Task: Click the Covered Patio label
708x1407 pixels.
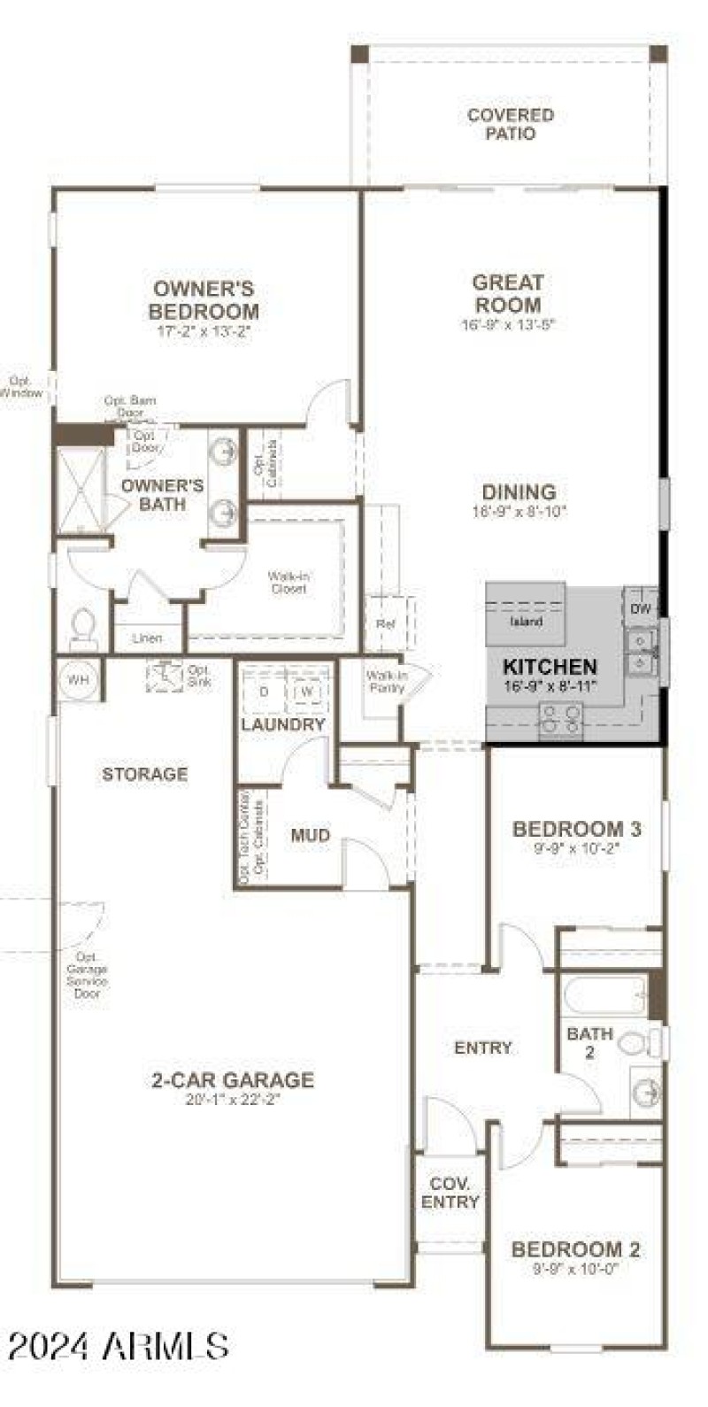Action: point(511,124)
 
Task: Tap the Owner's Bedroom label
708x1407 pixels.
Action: point(204,300)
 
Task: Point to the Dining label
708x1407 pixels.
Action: point(519,492)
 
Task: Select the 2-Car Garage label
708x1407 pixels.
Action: point(233,1079)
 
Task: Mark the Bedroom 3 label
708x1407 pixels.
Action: point(577,830)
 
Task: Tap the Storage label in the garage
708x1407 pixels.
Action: point(145,774)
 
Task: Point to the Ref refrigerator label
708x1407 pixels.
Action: point(384,623)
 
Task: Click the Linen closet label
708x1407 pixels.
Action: point(147,638)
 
